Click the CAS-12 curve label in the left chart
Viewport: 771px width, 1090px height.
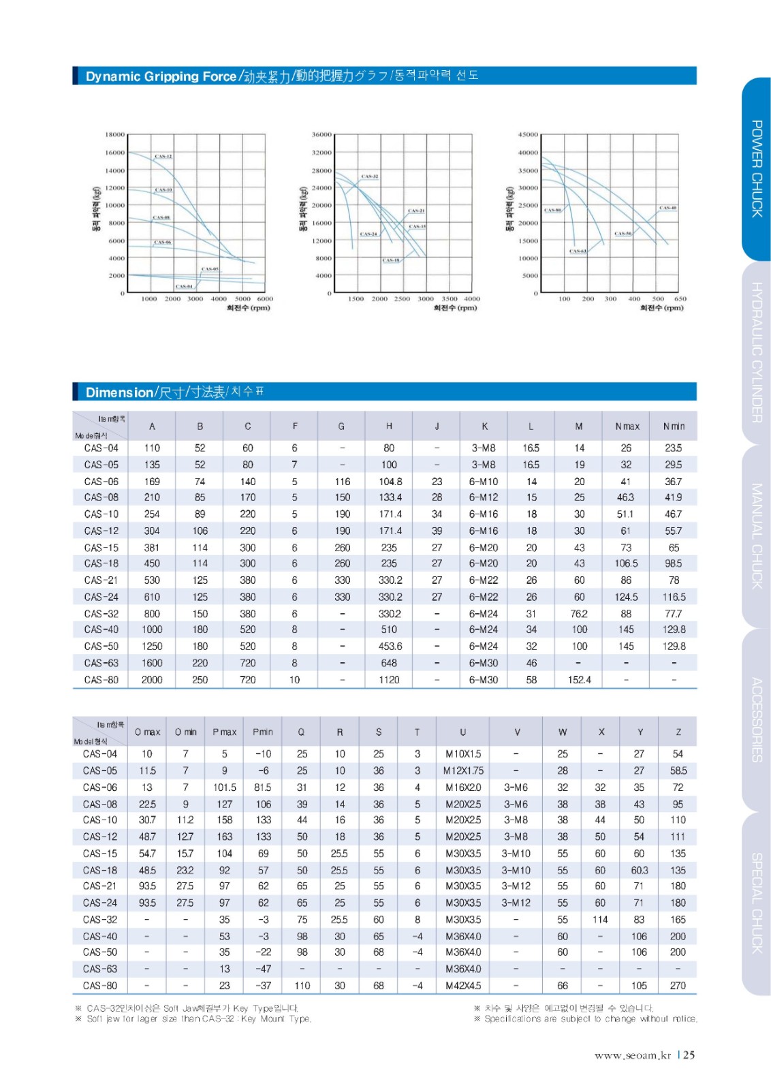tap(163, 156)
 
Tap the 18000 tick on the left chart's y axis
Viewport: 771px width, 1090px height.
tap(114, 134)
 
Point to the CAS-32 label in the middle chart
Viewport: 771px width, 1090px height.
tap(370, 176)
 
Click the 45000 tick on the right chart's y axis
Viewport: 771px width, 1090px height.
tap(528, 134)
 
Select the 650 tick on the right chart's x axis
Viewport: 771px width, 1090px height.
tap(680, 298)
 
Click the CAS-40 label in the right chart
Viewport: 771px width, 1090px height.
tap(667, 208)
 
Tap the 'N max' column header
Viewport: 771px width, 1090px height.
tap(627, 426)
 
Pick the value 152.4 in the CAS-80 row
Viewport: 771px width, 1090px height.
tap(579, 680)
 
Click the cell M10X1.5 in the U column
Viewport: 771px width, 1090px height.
tap(462, 754)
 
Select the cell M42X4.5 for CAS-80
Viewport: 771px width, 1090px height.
tap(462, 986)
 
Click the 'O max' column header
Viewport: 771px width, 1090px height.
tap(147, 732)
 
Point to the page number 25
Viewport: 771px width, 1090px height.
tap(689, 1055)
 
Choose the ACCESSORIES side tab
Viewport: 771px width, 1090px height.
tap(756, 719)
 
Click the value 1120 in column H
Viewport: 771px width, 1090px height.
tap(389, 680)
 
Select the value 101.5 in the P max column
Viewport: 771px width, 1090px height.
tap(224, 788)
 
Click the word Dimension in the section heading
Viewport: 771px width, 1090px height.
tap(119, 392)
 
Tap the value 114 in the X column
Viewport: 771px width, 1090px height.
tap(600, 920)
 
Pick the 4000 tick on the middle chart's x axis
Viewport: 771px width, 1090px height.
tap(471, 298)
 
